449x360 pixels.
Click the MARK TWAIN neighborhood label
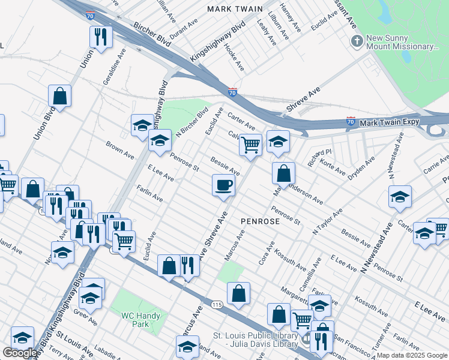(x=235, y=9)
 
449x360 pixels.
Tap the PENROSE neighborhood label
(x=260, y=221)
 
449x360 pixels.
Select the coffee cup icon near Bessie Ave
(x=223, y=184)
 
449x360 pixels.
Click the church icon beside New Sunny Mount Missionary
(x=357, y=41)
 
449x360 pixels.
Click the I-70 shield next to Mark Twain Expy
(x=351, y=122)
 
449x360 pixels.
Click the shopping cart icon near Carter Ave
(x=250, y=144)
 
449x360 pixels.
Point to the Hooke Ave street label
(x=234, y=55)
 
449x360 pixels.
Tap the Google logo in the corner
(x=20, y=353)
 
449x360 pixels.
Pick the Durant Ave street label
(x=183, y=29)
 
